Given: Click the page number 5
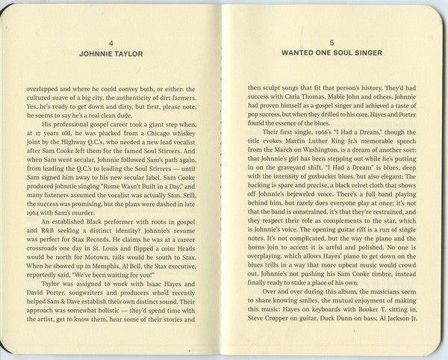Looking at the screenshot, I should (x=332, y=43).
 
